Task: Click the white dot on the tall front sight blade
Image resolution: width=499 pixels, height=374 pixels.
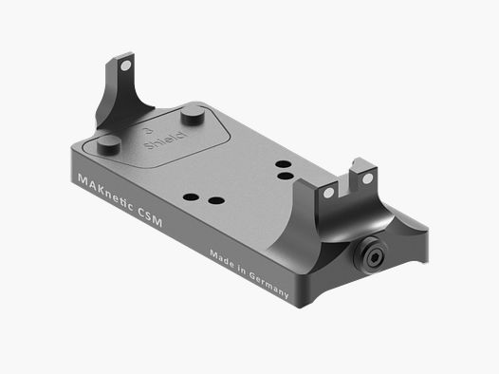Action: click(x=124, y=65)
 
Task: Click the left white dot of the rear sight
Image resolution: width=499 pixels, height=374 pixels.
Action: click(x=328, y=192)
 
